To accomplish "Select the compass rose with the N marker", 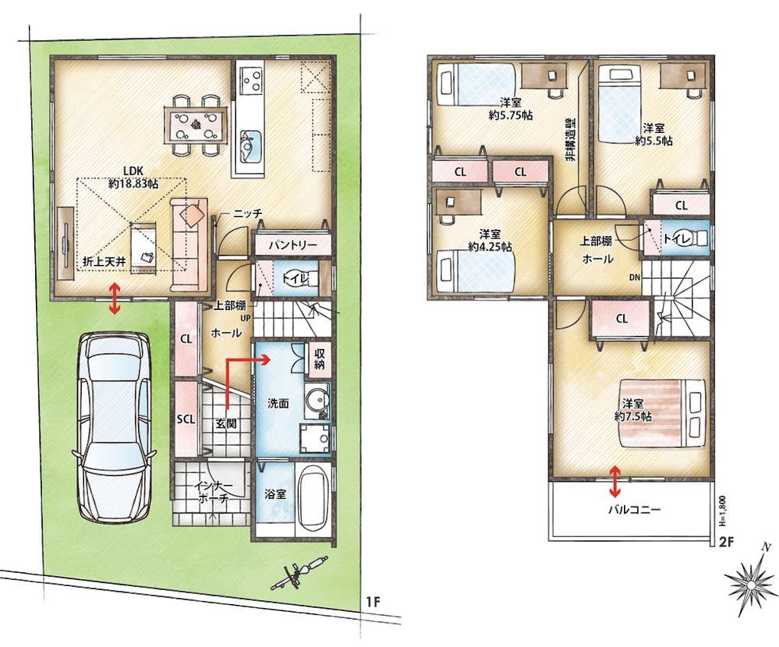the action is click(x=750, y=581).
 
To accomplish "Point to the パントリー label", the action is click(x=293, y=245).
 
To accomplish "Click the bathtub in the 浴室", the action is click(x=312, y=500).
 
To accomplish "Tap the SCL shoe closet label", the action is click(x=186, y=419).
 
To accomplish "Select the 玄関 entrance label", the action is click(x=225, y=424).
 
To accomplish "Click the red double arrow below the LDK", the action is click(x=115, y=298).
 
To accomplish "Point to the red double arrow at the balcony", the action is click(x=615, y=481).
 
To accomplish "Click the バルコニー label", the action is click(x=635, y=510).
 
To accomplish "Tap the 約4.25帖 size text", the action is click(x=490, y=247).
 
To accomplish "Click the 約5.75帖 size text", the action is click(x=511, y=115).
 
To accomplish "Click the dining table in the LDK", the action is click(x=196, y=126).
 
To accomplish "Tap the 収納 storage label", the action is click(x=319, y=359).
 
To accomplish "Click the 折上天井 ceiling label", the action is click(x=104, y=262).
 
